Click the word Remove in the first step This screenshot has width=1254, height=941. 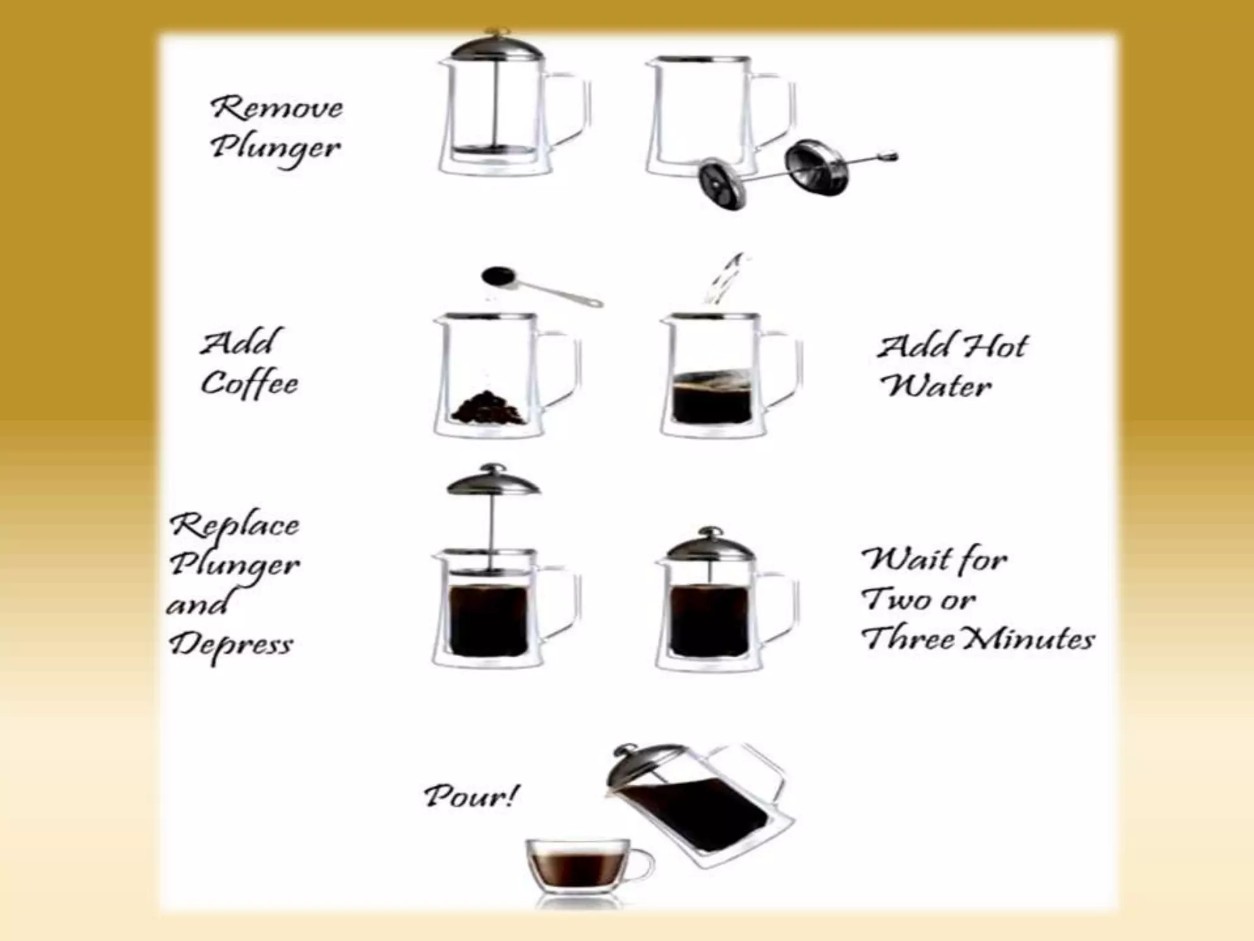[277, 108]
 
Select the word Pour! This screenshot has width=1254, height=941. [470, 796]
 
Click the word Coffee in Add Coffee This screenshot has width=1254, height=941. [250, 384]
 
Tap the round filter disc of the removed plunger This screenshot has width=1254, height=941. [723, 184]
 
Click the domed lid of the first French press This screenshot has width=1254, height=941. [496, 47]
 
